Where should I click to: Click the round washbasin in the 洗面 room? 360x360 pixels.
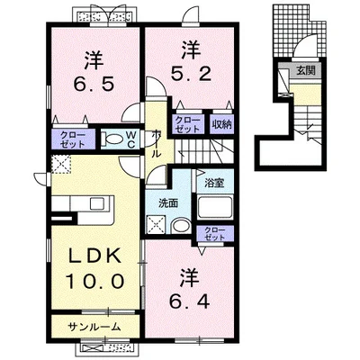pos(178,227)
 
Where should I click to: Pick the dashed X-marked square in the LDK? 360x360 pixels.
pos(62,163)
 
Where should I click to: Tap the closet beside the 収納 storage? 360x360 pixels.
pos(188,125)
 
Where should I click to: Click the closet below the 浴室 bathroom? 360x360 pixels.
pos(214,235)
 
